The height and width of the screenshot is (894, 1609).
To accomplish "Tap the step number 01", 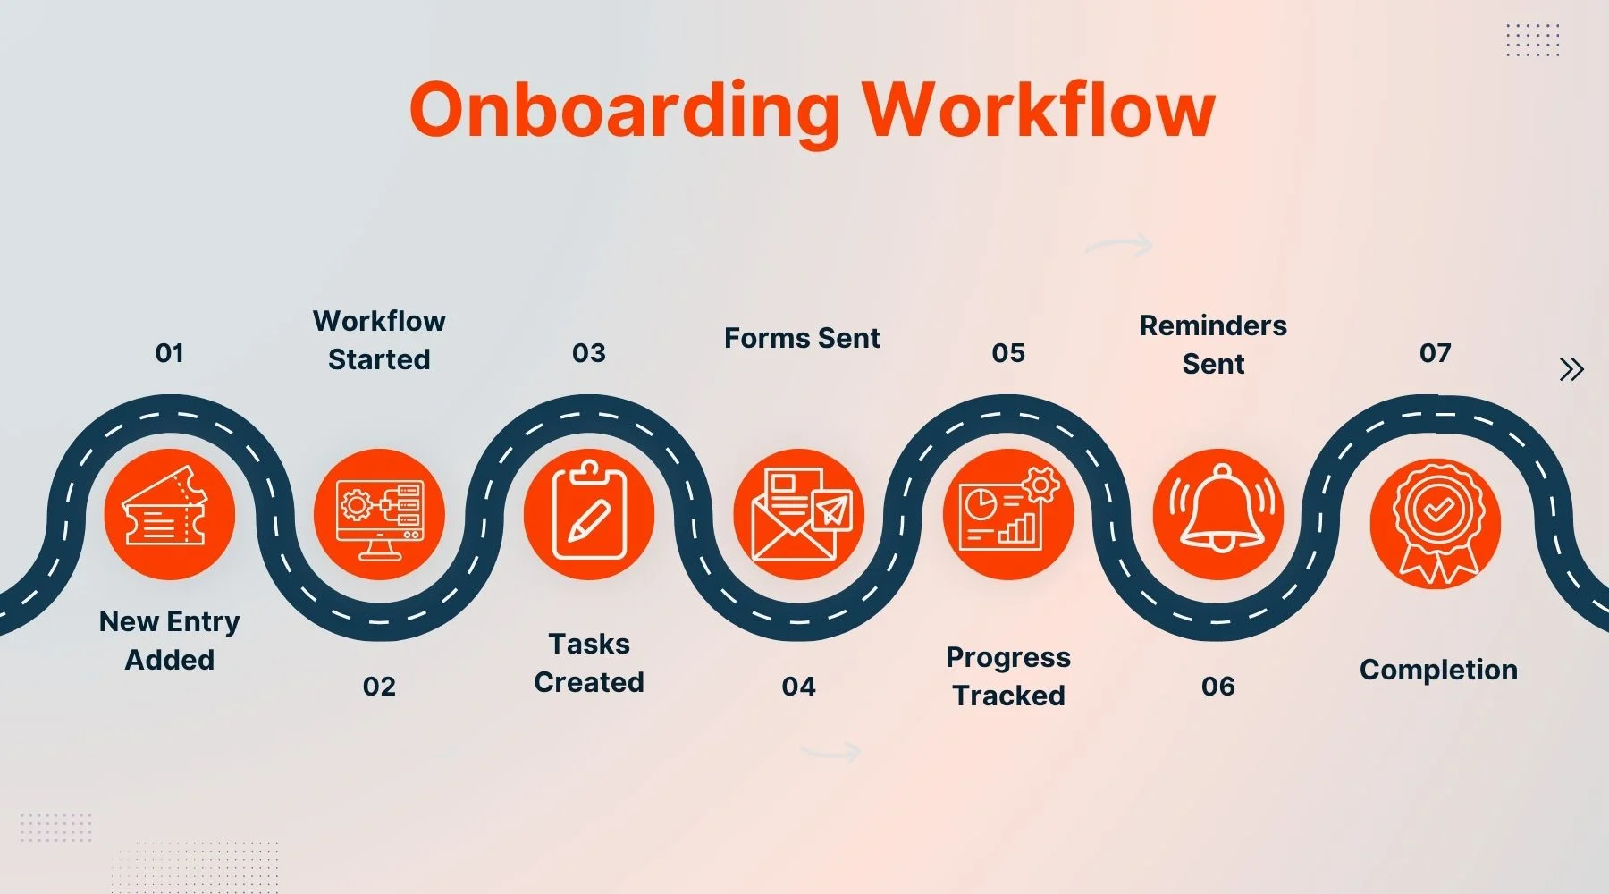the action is (x=169, y=353).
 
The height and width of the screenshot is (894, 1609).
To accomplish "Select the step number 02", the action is (x=379, y=687).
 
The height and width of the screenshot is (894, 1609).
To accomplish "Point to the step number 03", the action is (x=589, y=353).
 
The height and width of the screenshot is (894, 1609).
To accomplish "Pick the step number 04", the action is (x=798, y=687).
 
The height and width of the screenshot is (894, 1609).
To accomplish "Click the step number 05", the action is (x=1008, y=353).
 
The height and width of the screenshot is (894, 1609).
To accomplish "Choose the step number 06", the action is (x=1217, y=687).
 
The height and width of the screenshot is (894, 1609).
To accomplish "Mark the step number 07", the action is (x=1435, y=353).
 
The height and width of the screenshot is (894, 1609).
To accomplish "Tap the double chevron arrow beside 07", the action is (x=1571, y=369).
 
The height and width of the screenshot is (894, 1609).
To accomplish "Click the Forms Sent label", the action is (x=802, y=338).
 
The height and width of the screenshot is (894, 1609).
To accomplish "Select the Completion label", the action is (x=1438, y=670).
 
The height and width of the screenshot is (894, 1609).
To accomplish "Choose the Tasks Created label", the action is (x=589, y=662).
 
